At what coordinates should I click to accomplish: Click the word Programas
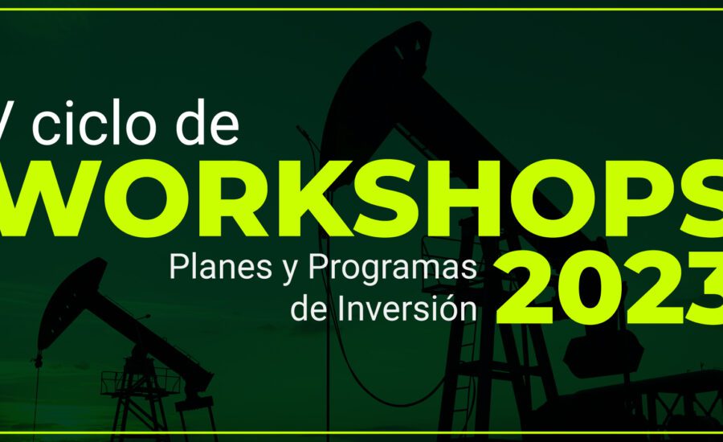(x=392, y=269)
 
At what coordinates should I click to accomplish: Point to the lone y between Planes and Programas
(x=290, y=272)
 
